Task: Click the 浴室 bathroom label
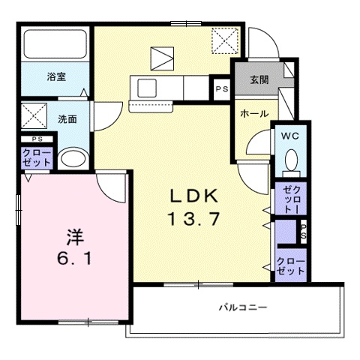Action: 56,76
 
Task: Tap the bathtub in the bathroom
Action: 55,44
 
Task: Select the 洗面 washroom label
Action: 67,119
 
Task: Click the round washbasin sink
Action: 73,158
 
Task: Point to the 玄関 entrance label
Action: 259,79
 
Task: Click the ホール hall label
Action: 254,114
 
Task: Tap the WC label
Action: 290,136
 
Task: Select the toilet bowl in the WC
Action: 291,160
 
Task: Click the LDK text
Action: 194,196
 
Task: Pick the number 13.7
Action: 194,219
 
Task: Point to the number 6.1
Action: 75,258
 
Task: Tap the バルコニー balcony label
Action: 243,307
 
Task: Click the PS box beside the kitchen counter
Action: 222,89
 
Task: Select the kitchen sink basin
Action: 147,88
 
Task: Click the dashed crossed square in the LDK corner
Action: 224,40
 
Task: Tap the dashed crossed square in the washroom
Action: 34,115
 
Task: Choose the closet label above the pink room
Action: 37,157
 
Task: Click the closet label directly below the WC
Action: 291,199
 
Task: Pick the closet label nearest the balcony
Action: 291,266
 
